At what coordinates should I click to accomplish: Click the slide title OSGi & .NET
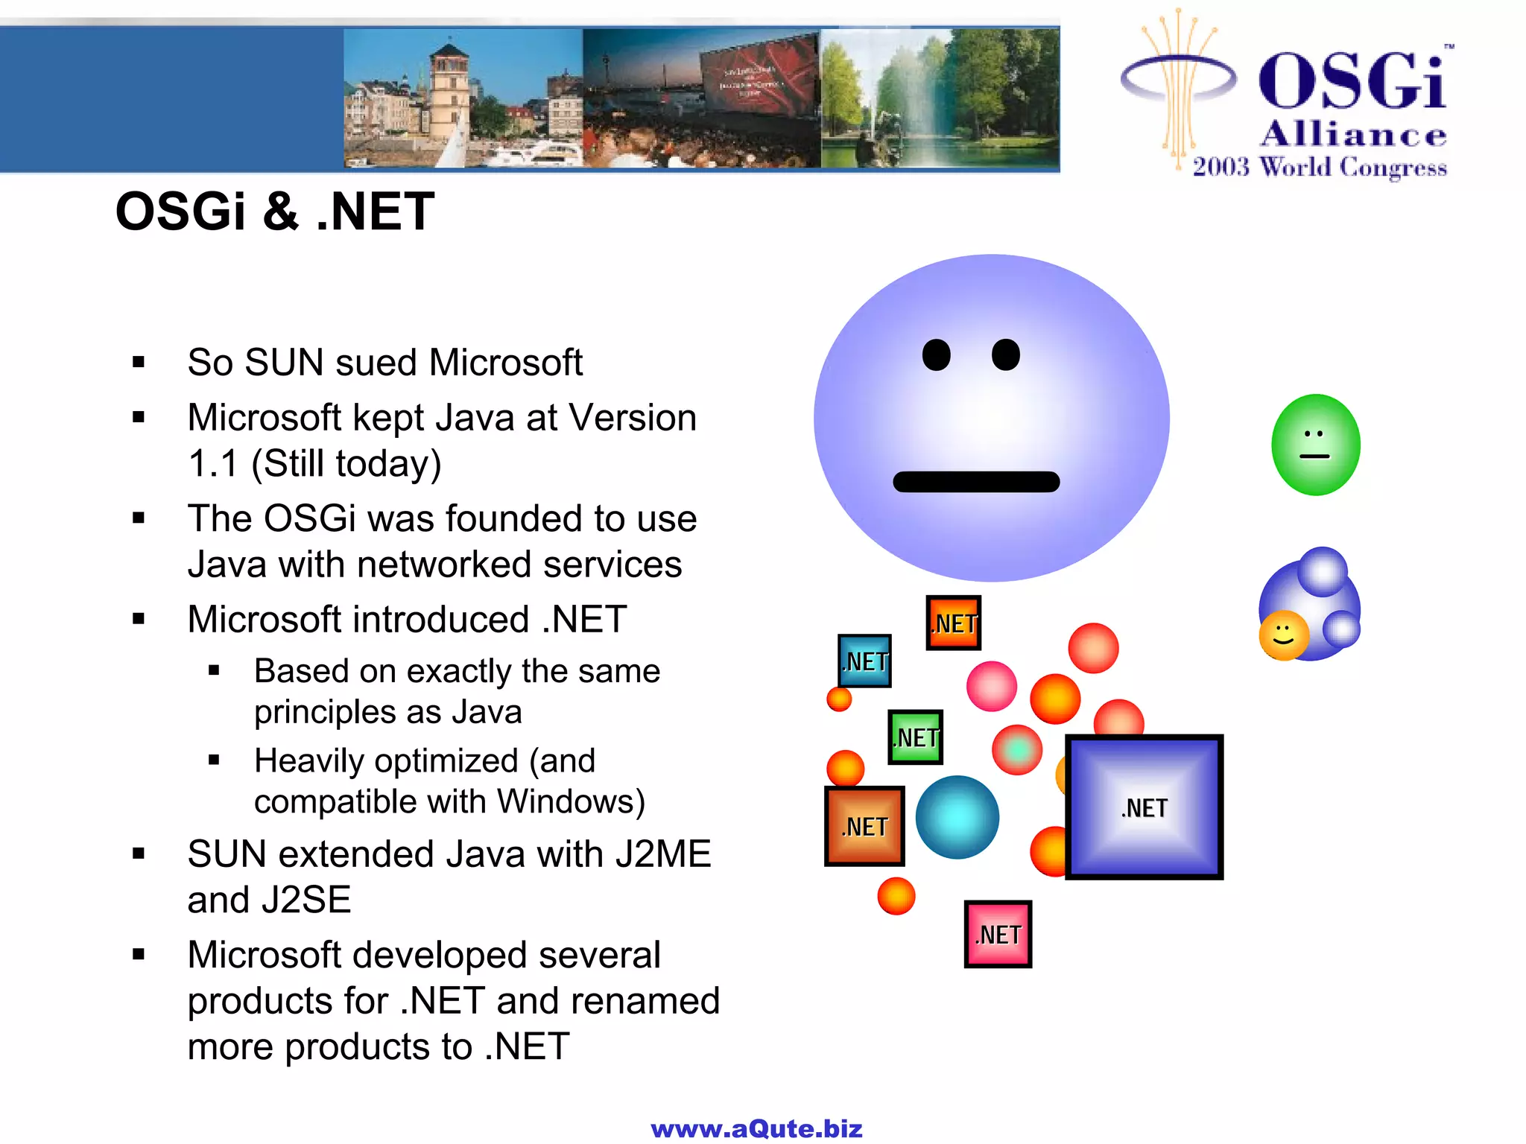coord(275,212)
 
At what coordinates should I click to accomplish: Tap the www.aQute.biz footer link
coord(756,1129)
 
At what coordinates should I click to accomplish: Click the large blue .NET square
coord(1144,807)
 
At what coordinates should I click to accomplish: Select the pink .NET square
coord(998,934)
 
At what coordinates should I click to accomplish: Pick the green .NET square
coord(916,737)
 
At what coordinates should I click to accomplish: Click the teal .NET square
coord(865,661)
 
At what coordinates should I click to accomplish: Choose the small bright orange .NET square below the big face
coord(954,623)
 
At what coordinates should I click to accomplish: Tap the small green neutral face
coord(1315,445)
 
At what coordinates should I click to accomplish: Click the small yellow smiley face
coord(1283,636)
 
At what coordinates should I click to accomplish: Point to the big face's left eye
coord(937,355)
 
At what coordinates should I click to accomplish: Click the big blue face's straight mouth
coord(976,482)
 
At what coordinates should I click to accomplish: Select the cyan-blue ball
coord(957,817)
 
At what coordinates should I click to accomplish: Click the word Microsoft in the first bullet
coord(505,363)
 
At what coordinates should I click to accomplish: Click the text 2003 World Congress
coord(1320,167)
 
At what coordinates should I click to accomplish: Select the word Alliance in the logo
coord(1353,134)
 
